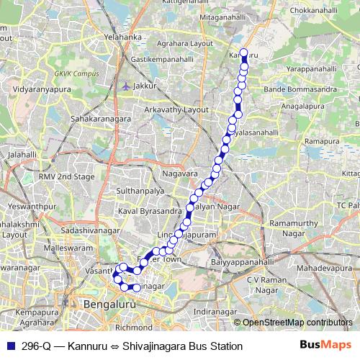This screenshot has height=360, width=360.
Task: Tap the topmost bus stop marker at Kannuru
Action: point(243,53)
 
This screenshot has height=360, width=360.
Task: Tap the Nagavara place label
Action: point(180,174)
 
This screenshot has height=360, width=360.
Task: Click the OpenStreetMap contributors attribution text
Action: point(297,322)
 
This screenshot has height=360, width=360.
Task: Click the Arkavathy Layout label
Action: point(176,109)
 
